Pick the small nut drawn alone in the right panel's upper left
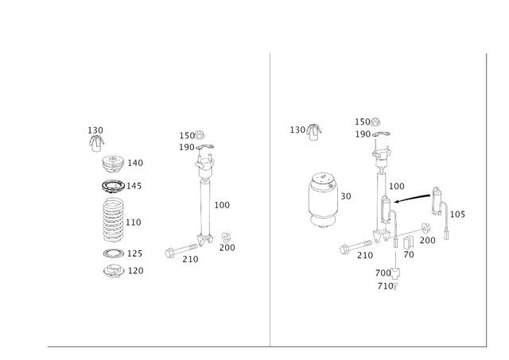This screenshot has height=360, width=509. coord(311,130)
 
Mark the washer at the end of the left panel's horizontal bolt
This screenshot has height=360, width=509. coord(170,253)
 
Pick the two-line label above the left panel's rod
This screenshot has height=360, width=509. coord(192,140)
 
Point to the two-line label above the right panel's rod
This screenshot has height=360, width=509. coord(368,127)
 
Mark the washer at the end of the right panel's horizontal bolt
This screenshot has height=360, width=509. coord(344,249)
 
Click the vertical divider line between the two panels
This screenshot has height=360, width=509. coord(270,199)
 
